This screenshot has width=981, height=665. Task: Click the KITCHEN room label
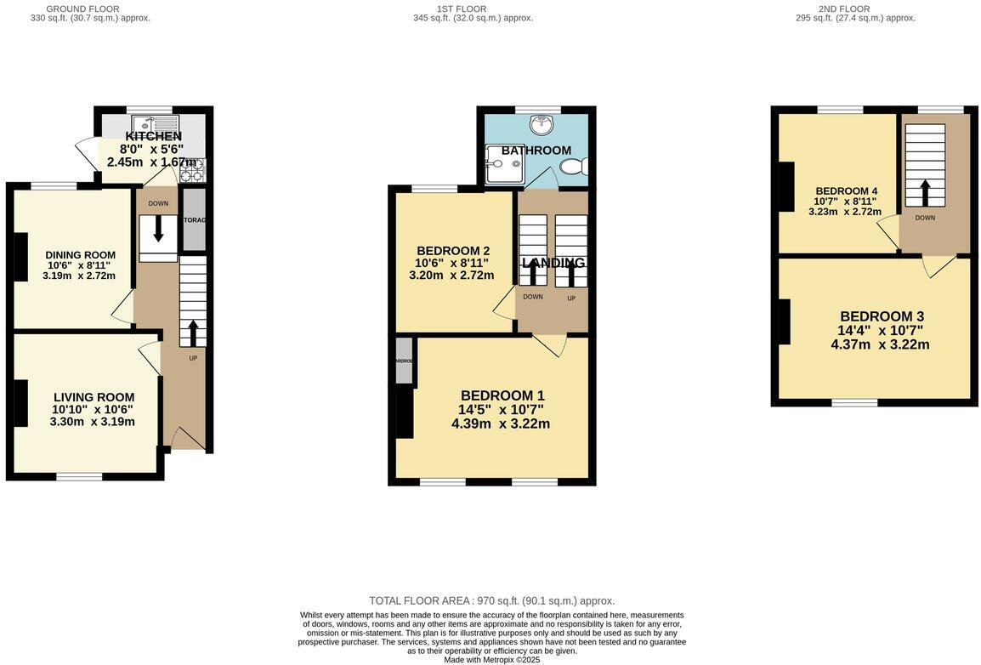pyautogui.click(x=154, y=136)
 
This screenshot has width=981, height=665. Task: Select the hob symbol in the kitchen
pyautogui.click(x=192, y=170)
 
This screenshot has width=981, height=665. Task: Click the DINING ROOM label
pyautogui.click(x=80, y=255)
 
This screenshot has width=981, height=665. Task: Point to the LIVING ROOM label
pyautogui.click(x=94, y=397)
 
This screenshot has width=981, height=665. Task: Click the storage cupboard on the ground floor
pyautogui.click(x=194, y=219)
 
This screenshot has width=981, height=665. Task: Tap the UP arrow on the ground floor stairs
pyautogui.click(x=193, y=331)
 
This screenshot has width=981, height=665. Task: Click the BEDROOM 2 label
pyautogui.click(x=452, y=251)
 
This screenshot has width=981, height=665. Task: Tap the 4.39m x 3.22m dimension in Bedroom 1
pyautogui.click(x=500, y=423)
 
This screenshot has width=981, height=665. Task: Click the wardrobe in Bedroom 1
pyautogui.click(x=404, y=361)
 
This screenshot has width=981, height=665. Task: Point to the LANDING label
pyautogui.click(x=553, y=263)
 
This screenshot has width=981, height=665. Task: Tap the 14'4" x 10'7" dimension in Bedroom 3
pyautogui.click(x=880, y=331)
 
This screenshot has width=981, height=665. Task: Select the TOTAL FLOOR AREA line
pyautogui.click(x=491, y=600)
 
